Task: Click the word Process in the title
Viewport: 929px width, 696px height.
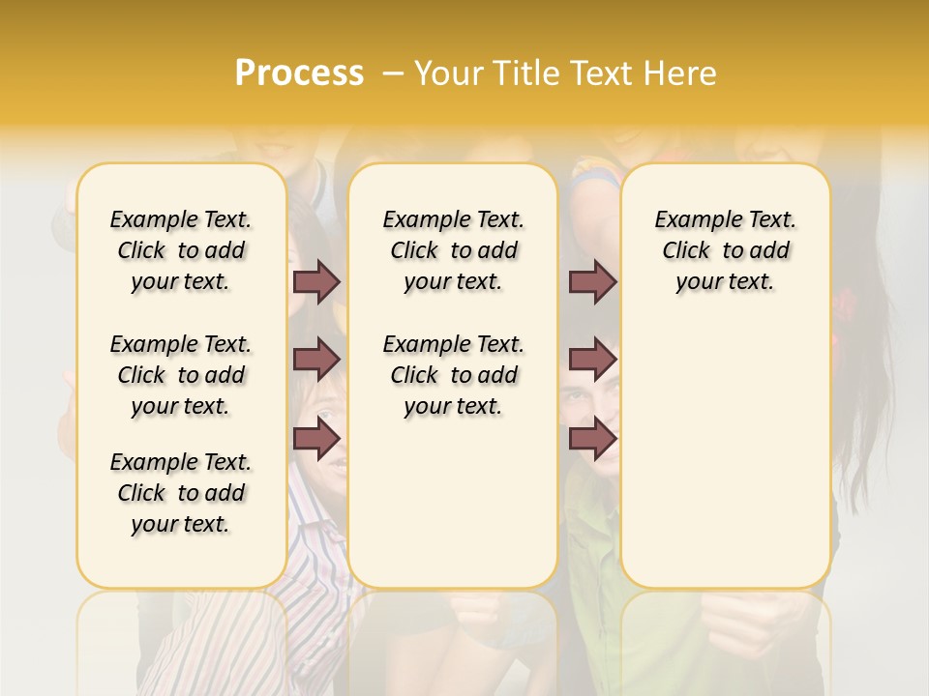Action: click(x=299, y=72)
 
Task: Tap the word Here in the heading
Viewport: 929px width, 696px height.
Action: click(x=678, y=72)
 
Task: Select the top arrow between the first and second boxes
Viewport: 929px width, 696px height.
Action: click(x=316, y=281)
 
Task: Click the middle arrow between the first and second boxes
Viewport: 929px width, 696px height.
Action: click(x=316, y=360)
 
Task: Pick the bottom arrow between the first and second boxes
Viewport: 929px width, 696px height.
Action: click(x=316, y=438)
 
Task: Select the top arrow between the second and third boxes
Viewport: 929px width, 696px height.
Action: click(x=591, y=281)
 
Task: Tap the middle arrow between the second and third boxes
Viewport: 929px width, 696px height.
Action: click(x=591, y=360)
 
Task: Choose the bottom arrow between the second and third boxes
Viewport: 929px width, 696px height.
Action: click(x=591, y=438)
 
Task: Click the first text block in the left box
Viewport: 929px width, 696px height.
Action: click(x=181, y=250)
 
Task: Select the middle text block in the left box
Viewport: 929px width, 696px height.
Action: click(x=181, y=375)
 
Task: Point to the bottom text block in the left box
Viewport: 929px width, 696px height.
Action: click(x=181, y=493)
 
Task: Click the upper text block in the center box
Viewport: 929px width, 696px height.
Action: click(x=454, y=250)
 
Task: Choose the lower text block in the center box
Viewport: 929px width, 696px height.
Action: click(x=454, y=375)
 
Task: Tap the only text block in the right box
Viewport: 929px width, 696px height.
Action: click(x=726, y=250)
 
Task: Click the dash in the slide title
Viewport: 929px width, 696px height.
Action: click(x=393, y=72)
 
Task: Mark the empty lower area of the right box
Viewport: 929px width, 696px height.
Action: click(x=726, y=454)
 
